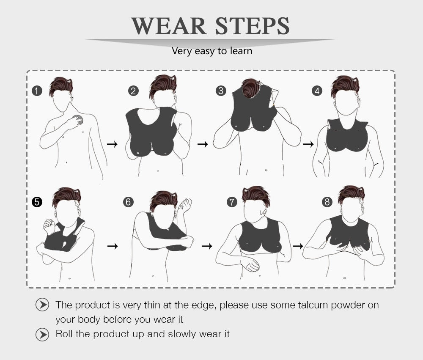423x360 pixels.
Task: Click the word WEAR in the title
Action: pos(169,26)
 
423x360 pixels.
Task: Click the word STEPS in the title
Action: pos(252,26)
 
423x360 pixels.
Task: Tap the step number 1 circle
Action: pos(37,91)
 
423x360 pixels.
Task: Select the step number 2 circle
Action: pos(133,91)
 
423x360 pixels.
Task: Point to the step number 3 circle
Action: pos(221,91)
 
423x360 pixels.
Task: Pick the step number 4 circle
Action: pos(317,91)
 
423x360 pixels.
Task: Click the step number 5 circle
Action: pos(37,202)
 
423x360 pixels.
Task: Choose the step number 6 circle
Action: pos(128,202)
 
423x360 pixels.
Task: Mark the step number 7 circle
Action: pos(232,202)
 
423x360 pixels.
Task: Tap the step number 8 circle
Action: pos(327,202)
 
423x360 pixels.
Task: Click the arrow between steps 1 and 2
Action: pos(112,144)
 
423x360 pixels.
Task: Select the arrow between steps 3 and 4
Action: pos(308,144)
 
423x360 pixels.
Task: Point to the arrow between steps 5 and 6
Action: pos(113,246)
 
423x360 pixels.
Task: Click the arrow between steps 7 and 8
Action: pos(298,246)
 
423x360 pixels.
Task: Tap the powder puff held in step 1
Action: pos(79,120)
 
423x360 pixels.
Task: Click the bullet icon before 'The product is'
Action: pos(42,305)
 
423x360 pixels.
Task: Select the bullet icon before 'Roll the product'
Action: pos(42,335)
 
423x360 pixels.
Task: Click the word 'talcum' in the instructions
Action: pos(313,305)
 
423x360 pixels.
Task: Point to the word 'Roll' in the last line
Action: pos(64,334)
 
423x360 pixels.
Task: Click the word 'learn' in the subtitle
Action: pos(241,51)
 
